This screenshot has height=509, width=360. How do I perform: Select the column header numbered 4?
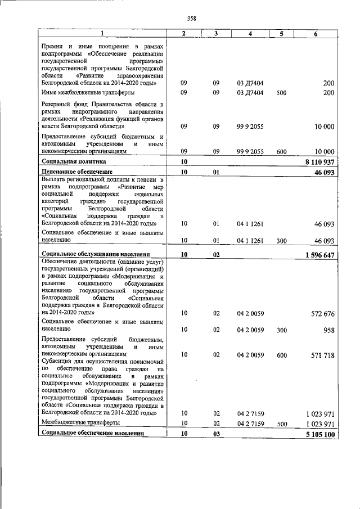coord(249,34)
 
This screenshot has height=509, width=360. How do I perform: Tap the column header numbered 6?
coord(316,34)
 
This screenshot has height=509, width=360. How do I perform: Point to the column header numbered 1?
coord(102,34)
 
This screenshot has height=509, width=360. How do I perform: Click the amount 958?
coord(328,330)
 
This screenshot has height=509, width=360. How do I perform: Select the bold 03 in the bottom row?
coord(216,434)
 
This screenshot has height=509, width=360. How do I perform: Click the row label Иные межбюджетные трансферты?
coord(88,92)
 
